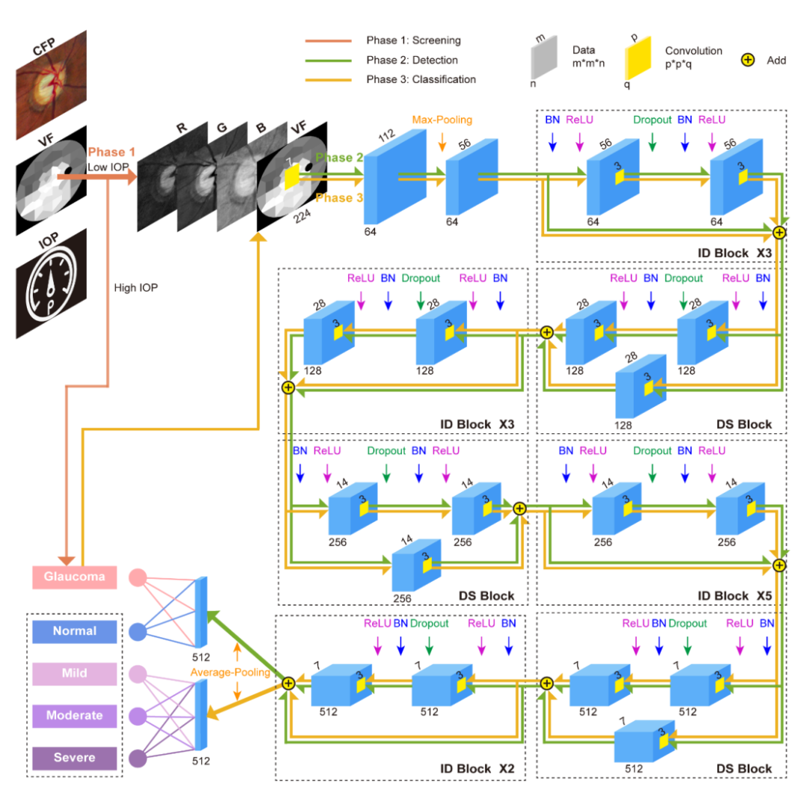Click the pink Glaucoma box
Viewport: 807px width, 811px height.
click(75, 577)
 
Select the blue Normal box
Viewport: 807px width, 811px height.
click(75, 632)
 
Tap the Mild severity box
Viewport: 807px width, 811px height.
click(75, 674)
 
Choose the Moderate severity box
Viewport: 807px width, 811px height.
click(75, 716)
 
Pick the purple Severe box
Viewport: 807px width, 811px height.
click(75, 758)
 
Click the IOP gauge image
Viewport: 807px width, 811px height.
click(52, 284)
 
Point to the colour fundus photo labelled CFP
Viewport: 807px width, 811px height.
click(52, 85)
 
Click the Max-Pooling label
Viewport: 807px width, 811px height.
click(442, 120)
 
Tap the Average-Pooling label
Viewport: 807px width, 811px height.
click(230, 672)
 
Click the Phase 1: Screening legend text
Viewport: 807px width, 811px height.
click(414, 40)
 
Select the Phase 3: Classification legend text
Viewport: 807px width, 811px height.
click(421, 79)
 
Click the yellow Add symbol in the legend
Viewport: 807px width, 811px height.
click(747, 60)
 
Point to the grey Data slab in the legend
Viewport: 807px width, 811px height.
click(544, 58)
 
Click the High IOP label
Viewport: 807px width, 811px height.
click(136, 288)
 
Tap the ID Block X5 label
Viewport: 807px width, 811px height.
click(735, 597)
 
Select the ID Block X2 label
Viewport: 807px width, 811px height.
click(477, 769)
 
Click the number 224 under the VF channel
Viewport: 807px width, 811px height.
click(303, 217)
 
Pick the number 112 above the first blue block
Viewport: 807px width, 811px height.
click(386, 135)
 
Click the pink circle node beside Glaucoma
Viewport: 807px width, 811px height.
click(137, 577)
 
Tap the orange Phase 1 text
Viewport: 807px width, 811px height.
click(111, 152)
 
